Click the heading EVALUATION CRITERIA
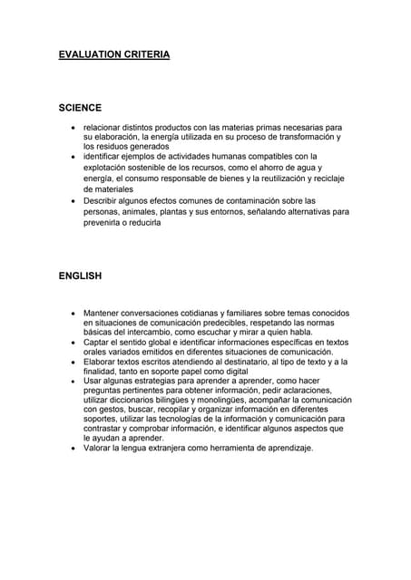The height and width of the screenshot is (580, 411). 113,55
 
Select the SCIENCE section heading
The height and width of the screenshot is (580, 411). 80,108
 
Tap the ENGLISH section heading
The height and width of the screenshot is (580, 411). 80,275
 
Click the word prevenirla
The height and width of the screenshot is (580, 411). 105,222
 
